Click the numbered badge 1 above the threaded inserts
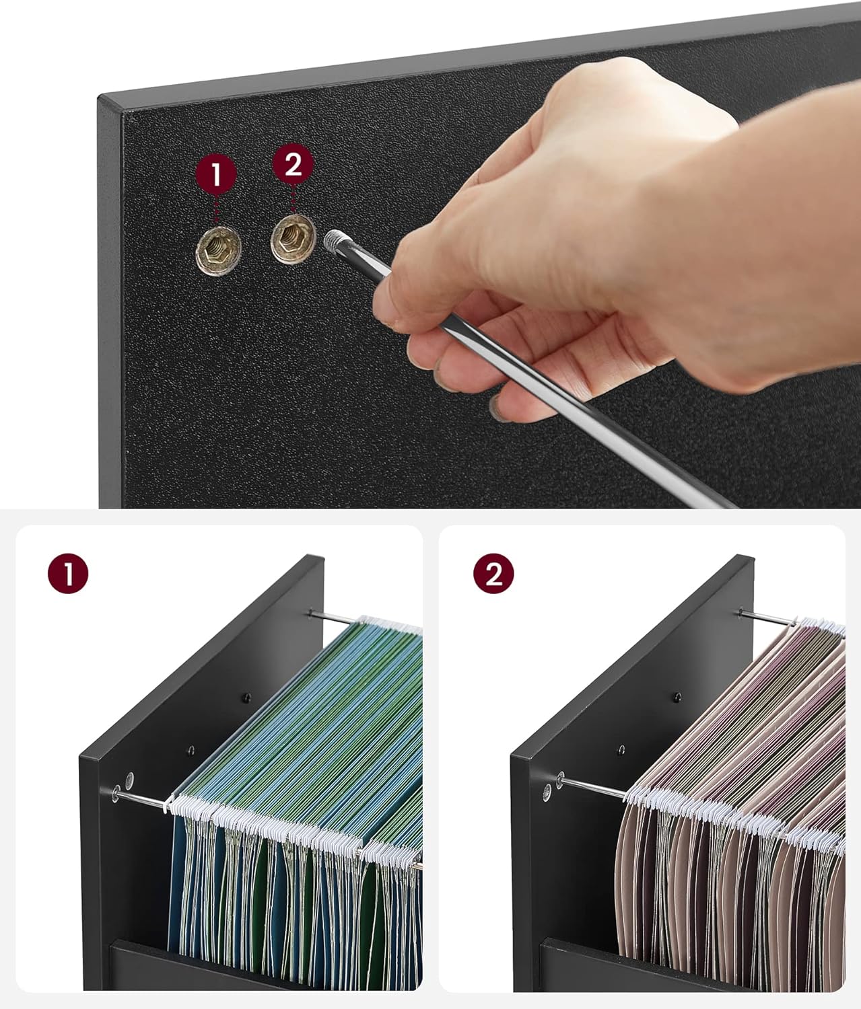pos(216,174)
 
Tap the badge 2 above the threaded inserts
pos(293,164)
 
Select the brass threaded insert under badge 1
pos(218,250)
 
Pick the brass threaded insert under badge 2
pos(294,239)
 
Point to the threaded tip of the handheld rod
pos(335,241)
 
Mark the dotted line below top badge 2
pos(294,198)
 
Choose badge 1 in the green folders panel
pos(68,574)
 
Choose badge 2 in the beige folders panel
pos(493,574)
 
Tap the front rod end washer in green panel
pos(116,794)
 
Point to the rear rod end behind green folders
pos(311,613)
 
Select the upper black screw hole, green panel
pos(247,698)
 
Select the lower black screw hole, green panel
pos(191,751)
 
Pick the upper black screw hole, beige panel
pos(677,698)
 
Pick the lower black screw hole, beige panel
pos(621,751)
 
